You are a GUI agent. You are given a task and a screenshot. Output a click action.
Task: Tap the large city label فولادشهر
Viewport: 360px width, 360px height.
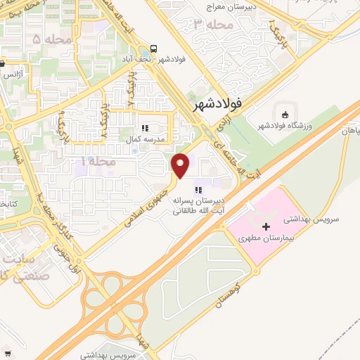click(226, 103)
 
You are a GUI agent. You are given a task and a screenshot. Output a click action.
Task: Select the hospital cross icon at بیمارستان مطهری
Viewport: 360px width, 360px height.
click(266, 226)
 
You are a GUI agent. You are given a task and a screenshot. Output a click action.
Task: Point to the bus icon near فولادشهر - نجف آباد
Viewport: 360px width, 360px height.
click(153, 49)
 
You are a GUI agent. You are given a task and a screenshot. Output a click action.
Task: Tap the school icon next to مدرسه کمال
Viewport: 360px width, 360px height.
click(144, 128)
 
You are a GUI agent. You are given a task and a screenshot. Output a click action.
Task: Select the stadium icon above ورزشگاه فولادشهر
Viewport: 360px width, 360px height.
click(285, 115)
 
